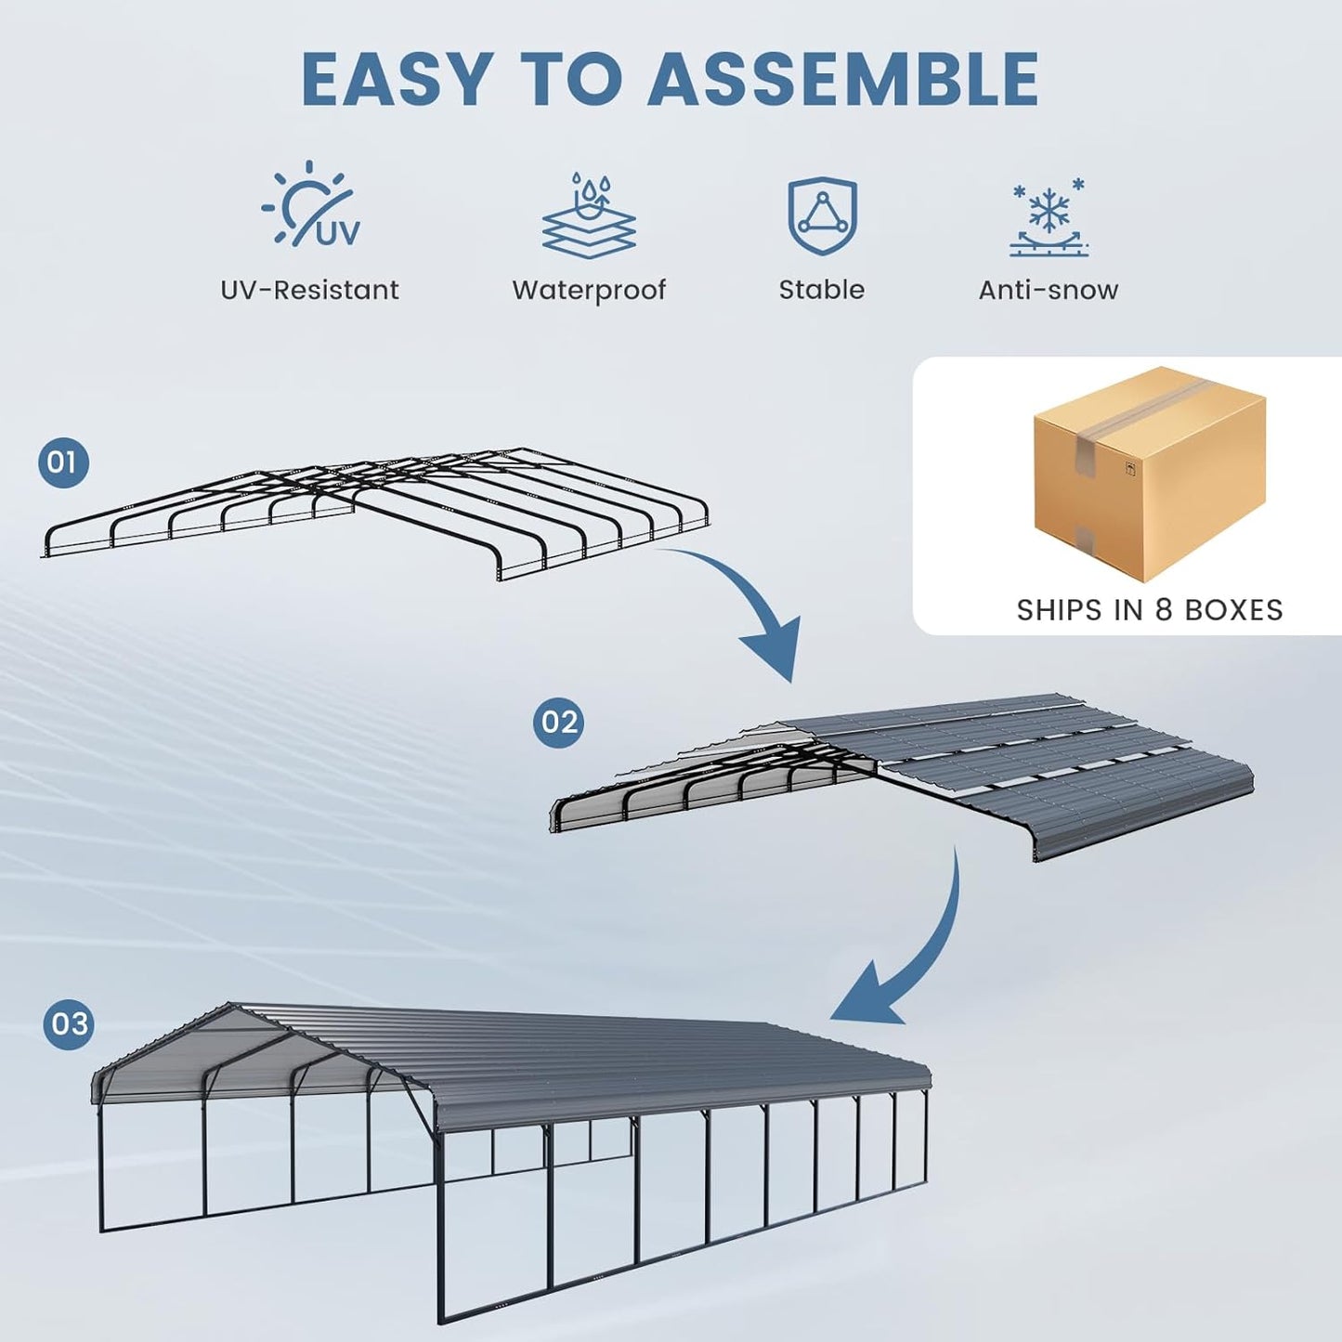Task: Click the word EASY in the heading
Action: [397, 79]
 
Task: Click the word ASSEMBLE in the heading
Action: [842, 79]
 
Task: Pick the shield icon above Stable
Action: [822, 215]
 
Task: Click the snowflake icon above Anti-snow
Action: [1049, 215]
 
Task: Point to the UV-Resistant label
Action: [309, 290]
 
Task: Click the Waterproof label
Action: [589, 290]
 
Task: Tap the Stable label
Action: [822, 290]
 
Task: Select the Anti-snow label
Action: [1049, 290]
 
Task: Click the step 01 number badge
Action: [63, 462]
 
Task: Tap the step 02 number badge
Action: [558, 722]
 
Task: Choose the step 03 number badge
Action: [69, 1023]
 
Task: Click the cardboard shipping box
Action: [1149, 474]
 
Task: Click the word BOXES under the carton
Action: [1233, 610]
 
